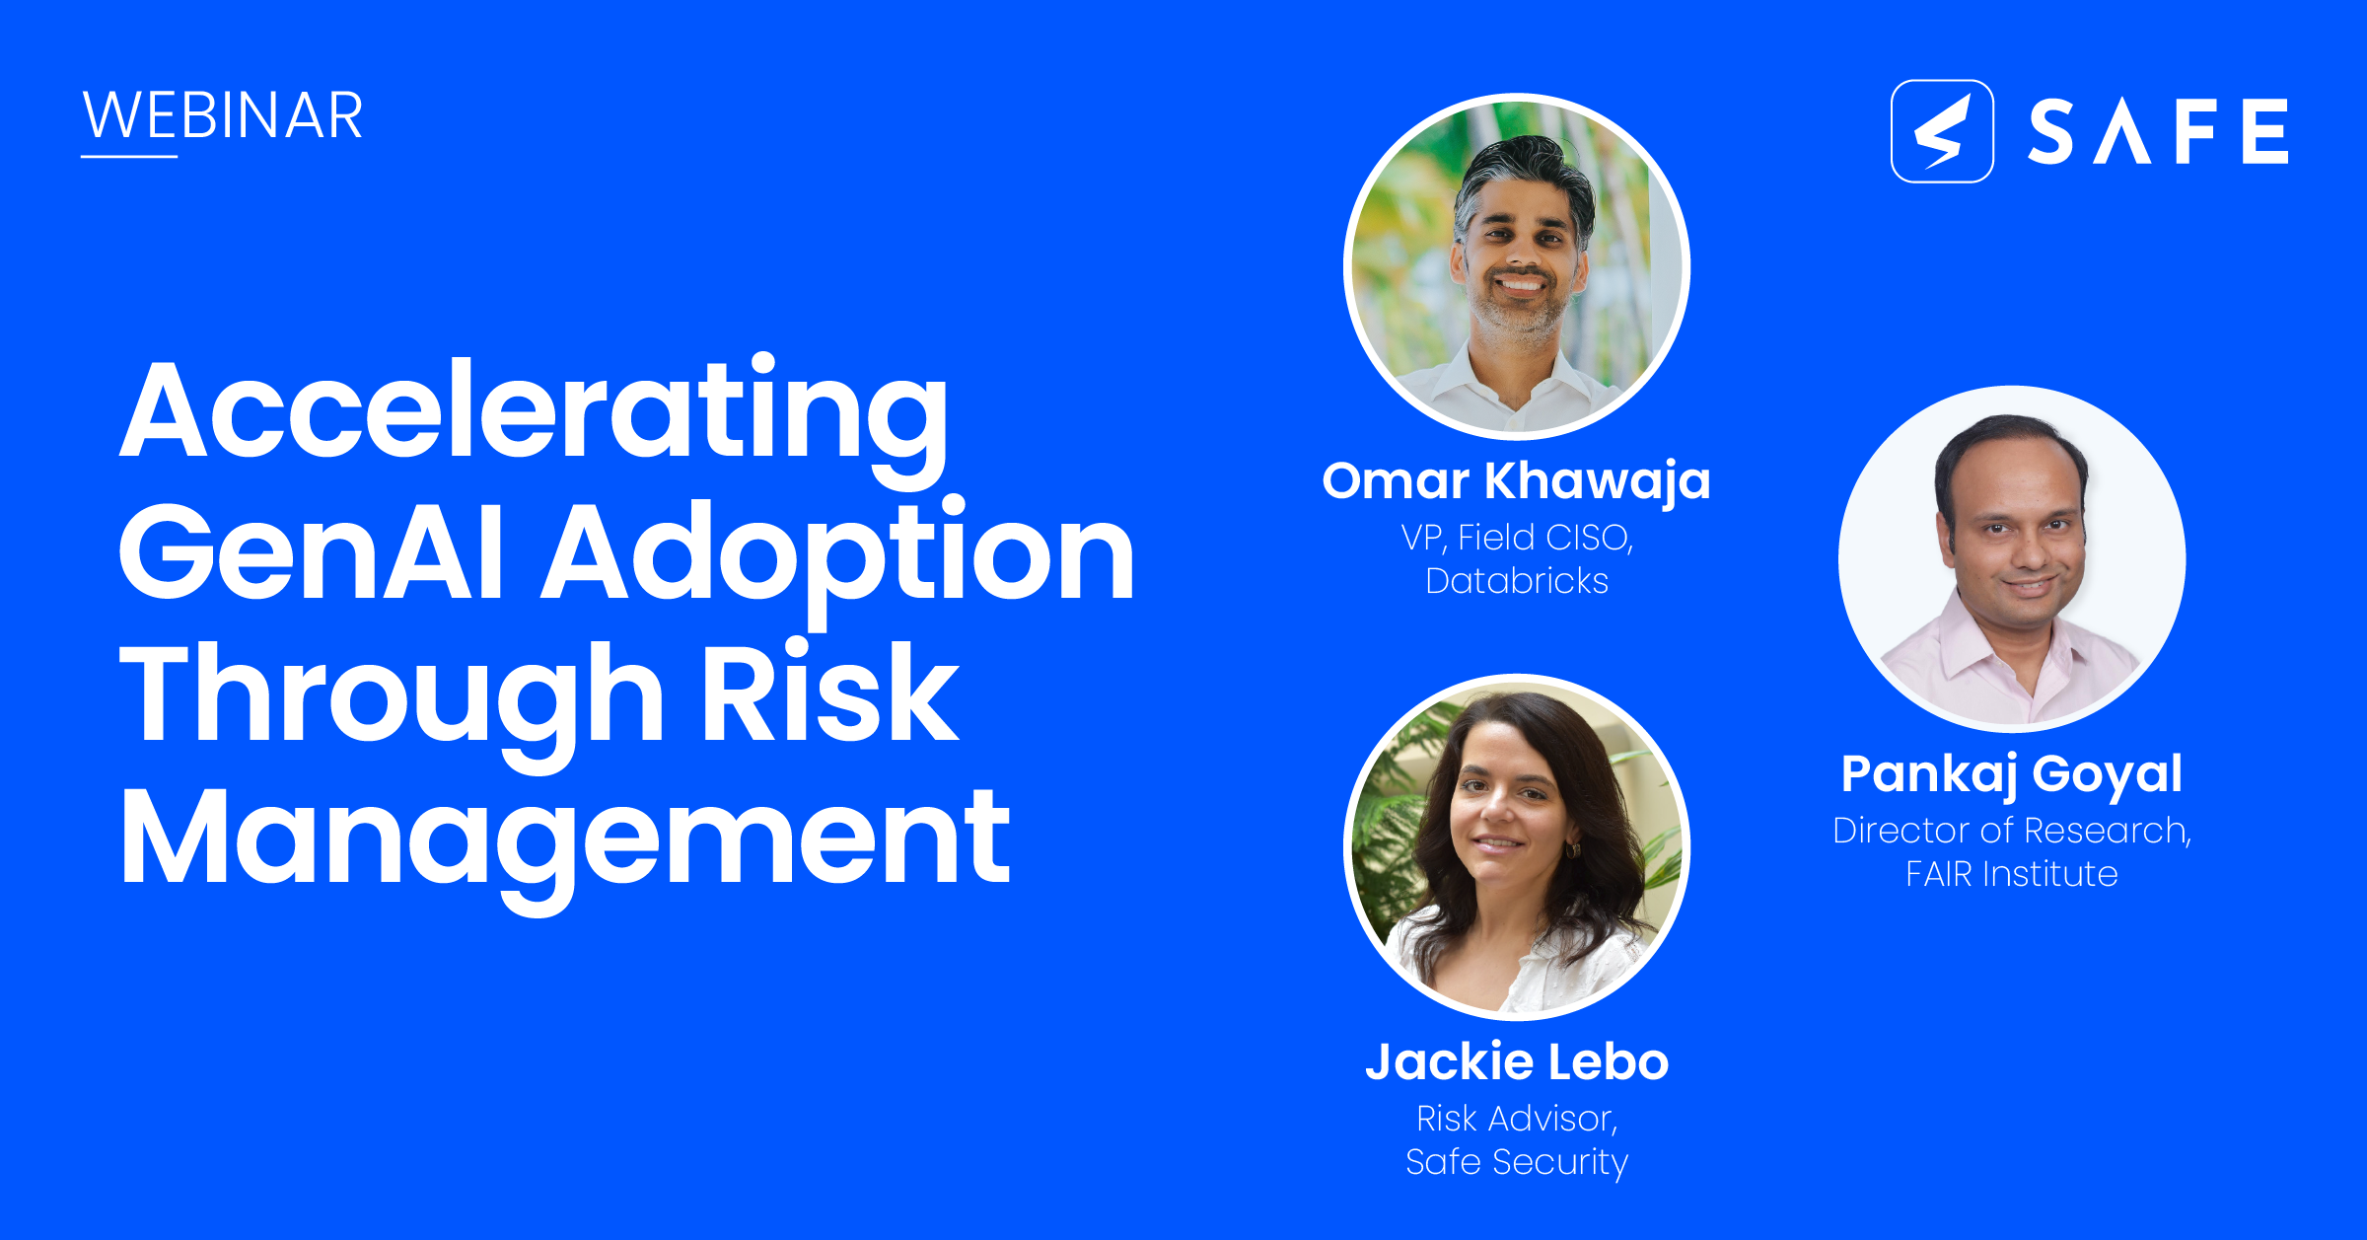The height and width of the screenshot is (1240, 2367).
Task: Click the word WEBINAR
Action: tap(223, 116)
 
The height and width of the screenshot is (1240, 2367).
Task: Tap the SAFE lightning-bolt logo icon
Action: tap(1941, 131)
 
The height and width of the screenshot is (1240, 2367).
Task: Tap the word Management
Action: tap(565, 838)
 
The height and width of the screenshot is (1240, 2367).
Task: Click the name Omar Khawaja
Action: tap(1516, 481)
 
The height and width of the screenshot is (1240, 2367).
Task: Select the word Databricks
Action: tap(1517, 581)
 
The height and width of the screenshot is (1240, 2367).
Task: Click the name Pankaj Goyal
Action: tap(2012, 773)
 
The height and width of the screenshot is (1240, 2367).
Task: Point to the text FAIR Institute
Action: tap(2012, 874)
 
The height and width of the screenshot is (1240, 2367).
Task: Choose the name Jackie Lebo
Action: tap(1517, 1062)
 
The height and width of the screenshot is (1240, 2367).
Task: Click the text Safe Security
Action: tap(1517, 1162)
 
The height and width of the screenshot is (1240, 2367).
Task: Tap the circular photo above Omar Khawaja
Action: tap(1517, 266)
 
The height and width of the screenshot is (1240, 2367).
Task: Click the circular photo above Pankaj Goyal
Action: tap(2012, 558)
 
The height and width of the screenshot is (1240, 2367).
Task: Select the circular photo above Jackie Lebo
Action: tap(1517, 846)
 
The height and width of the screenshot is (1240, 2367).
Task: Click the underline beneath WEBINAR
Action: tap(129, 156)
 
